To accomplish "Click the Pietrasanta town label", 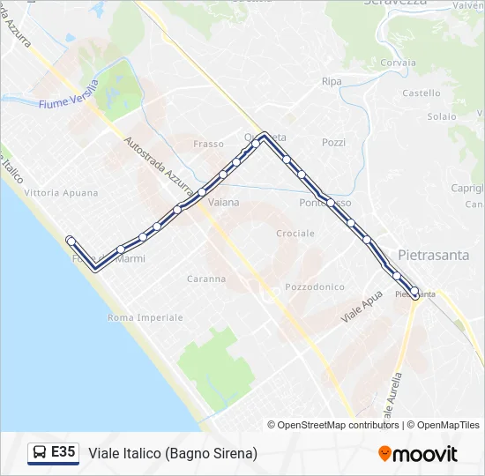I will point(433,255).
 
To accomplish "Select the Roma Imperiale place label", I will point(146,317).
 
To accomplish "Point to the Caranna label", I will point(206,279).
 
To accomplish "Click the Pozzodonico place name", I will point(315,287).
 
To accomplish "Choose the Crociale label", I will point(295,234).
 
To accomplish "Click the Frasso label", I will point(209,143).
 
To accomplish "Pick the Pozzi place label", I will point(334,142).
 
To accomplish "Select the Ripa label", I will point(332,81).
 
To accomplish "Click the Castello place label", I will point(421,93).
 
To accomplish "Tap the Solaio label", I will point(442,116).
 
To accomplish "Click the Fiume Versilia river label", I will point(69,104).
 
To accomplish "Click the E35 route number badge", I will point(63,452).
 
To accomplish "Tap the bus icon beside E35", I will point(40,453).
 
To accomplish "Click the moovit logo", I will point(418,454).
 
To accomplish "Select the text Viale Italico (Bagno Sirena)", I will point(173,453).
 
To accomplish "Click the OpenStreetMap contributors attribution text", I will point(332,425).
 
